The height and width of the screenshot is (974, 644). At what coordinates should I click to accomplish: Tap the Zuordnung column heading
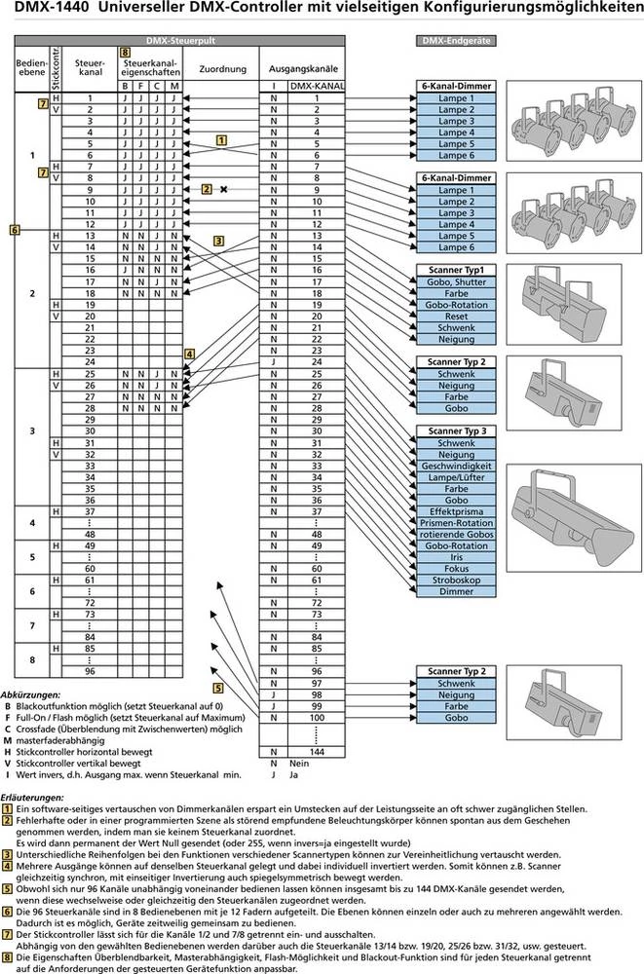[x=222, y=69]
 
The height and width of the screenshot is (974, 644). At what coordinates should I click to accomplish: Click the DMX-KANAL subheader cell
[x=317, y=87]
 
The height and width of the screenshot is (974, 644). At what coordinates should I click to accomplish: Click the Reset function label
[x=456, y=318]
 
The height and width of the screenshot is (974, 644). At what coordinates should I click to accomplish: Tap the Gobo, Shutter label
[x=456, y=281]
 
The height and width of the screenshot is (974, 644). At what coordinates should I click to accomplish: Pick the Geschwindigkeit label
[x=456, y=466]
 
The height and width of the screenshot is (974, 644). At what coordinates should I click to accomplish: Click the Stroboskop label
[x=456, y=581]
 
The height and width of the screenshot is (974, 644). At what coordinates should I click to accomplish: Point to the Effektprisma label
[x=456, y=511]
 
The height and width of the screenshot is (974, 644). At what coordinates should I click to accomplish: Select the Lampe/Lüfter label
[x=456, y=477]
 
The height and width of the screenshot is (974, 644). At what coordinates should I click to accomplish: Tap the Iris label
[x=456, y=557]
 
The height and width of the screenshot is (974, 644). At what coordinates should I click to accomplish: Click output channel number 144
[x=316, y=753]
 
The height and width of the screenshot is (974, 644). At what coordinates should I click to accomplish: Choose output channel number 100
[x=316, y=718]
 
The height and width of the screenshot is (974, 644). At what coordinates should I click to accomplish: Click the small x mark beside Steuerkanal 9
[x=223, y=189]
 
